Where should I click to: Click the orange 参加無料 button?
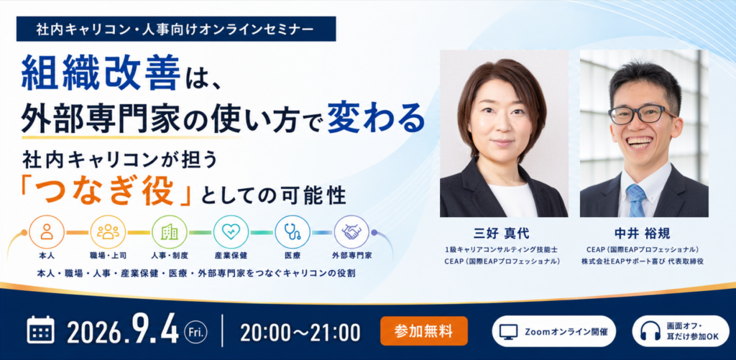[x=424, y=331]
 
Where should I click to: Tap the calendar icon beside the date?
[x=41, y=330]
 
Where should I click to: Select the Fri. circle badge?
[x=195, y=331]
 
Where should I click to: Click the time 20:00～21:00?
[x=300, y=332]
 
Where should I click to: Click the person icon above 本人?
[x=47, y=231]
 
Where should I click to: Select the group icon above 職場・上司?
[x=108, y=231]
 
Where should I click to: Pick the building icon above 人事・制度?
[x=170, y=231]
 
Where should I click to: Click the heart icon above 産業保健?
[x=231, y=231]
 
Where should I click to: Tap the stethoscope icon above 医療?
[x=293, y=231]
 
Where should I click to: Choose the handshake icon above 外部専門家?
[x=351, y=231]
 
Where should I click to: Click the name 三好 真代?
[x=502, y=234]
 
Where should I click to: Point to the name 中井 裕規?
[x=643, y=234]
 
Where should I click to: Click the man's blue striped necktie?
[x=636, y=199]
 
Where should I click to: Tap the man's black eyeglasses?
[x=643, y=114]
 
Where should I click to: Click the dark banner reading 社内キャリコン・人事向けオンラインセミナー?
[x=176, y=29]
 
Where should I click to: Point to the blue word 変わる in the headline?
[x=375, y=119]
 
